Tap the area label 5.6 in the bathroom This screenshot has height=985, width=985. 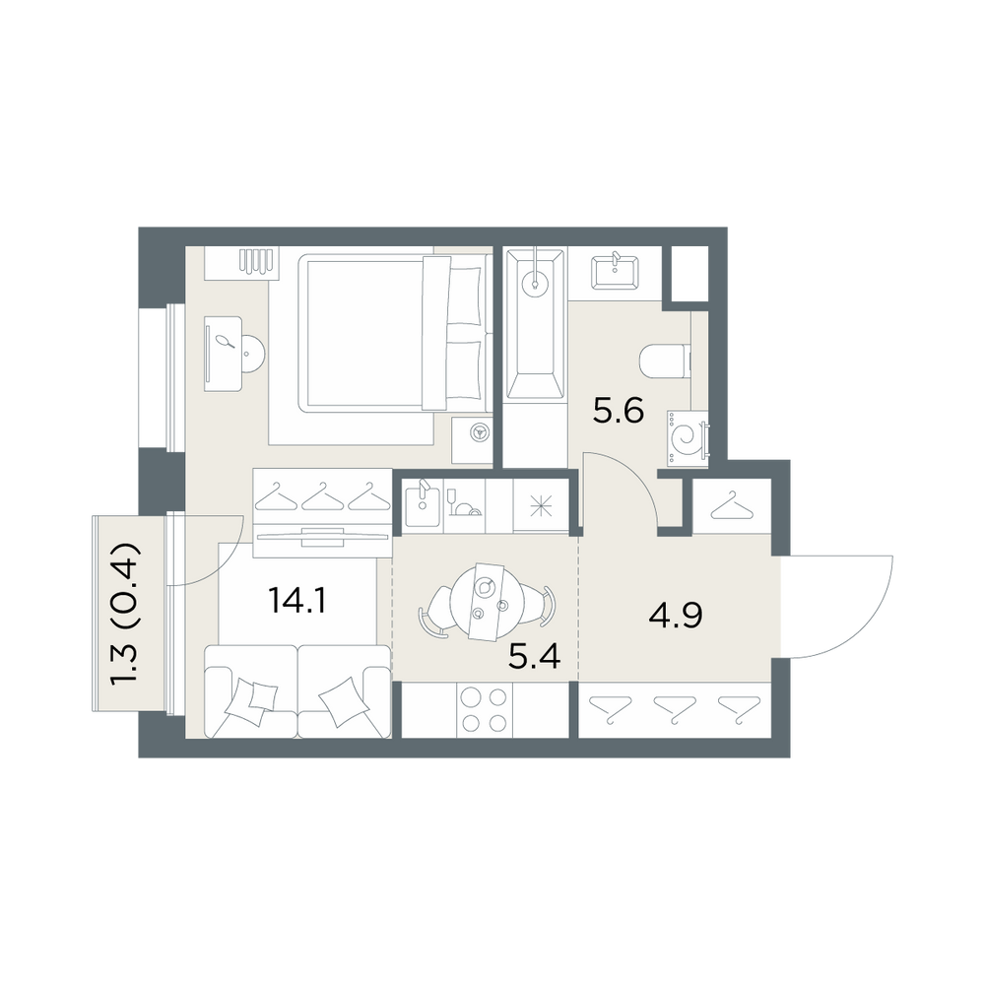[x=619, y=412]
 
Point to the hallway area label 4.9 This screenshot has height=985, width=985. [x=676, y=615]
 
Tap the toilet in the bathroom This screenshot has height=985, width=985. [x=665, y=362]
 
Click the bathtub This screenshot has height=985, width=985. [x=536, y=323]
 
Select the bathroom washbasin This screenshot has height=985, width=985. [x=615, y=272]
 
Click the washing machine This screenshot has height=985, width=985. [x=688, y=438]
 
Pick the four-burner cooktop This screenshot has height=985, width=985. [x=483, y=709]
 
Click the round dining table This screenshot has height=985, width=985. [x=487, y=602]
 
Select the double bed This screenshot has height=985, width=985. [x=395, y=333]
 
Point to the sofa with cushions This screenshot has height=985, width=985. [x=297, y=691]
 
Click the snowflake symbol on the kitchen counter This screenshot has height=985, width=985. [x=540, y=506]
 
